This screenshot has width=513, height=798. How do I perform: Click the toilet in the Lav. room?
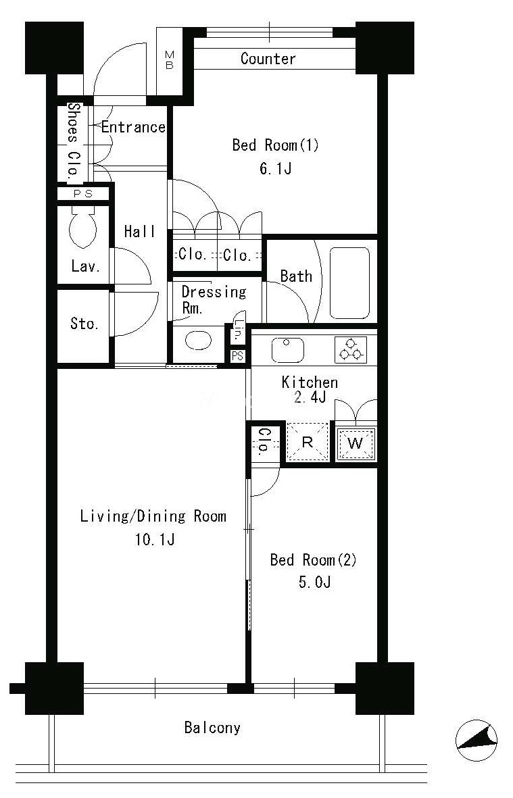[82, 228]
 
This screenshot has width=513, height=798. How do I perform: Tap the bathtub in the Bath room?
[349, 283]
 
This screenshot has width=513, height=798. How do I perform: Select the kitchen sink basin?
[287, 349]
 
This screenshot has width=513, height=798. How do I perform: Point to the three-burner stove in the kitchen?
[351, 349]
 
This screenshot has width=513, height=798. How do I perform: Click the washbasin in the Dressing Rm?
[199, 341]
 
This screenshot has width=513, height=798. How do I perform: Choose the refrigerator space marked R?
[307, 442]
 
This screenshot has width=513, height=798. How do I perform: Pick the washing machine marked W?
[356, 443]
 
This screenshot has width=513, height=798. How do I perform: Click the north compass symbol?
[477, 741]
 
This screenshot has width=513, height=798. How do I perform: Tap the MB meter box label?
[169, 60]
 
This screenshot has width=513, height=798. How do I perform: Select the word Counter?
[268, 59]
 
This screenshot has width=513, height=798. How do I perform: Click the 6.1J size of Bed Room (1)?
[275, 168]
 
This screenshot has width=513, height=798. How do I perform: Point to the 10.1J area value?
[155, 539]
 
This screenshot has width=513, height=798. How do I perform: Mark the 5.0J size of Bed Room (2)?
[314, 582]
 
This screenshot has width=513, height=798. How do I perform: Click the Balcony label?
[212, 727]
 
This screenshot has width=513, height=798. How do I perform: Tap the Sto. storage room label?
[84, 323]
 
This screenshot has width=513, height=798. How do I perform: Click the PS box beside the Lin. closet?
[238, 355]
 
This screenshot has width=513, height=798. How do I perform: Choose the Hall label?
[139, 231]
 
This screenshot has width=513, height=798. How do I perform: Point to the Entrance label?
[133, 127]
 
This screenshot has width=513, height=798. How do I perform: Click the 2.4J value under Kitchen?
[310, 397]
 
